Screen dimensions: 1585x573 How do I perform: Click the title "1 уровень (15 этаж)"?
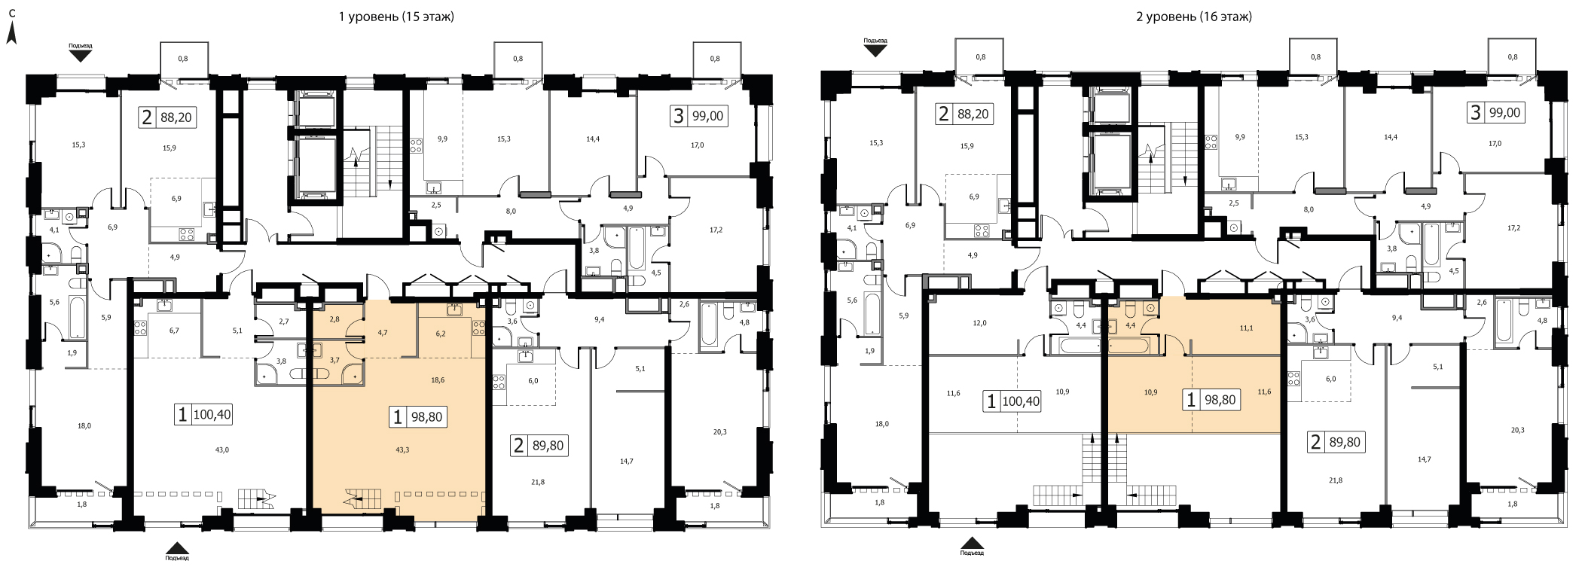(396, 17)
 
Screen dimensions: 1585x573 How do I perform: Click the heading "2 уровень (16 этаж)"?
(1194, 17)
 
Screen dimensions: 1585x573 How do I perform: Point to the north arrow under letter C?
(12, 32)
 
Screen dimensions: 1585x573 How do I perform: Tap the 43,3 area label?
(403, 450)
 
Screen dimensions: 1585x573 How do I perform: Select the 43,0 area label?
(221, 450)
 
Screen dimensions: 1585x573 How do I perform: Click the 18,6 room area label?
(438, 380)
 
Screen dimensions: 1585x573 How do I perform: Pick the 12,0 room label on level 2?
(979, 323)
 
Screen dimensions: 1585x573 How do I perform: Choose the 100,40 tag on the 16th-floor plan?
(1021, 401)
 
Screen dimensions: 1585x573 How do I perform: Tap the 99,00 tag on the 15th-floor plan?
(708, 116)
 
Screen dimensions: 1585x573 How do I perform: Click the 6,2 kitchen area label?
(441, 333)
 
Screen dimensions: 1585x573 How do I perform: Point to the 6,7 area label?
(175, 330)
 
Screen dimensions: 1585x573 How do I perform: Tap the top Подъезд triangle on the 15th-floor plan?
(81, 53)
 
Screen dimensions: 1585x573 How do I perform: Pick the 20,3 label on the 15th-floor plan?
(719, 432)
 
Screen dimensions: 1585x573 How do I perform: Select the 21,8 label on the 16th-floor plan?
(1336, 480)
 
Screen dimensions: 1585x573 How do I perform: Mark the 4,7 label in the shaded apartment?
(382, 331)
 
